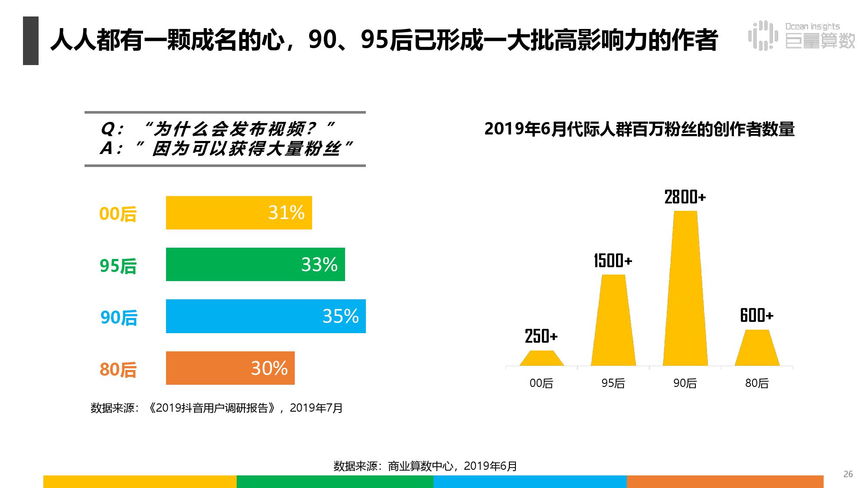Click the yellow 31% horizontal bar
point(238,213)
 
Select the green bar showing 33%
point(255,265)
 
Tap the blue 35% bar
point(265,316)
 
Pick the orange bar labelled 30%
point(230,368)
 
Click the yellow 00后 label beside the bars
point(118,214)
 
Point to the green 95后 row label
point(118,266)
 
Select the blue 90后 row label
point(119,318)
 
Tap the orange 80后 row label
point(118,370)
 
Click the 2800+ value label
point(685,197)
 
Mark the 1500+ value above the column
point(613,261)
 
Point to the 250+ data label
point(541,336)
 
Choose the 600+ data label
point(756,315)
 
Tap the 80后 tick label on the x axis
point(756,383)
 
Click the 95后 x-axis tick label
point(613,383)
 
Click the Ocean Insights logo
point(801,36)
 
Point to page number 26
point(848,474)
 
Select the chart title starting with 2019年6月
point(639,129)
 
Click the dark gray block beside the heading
point(31,41)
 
